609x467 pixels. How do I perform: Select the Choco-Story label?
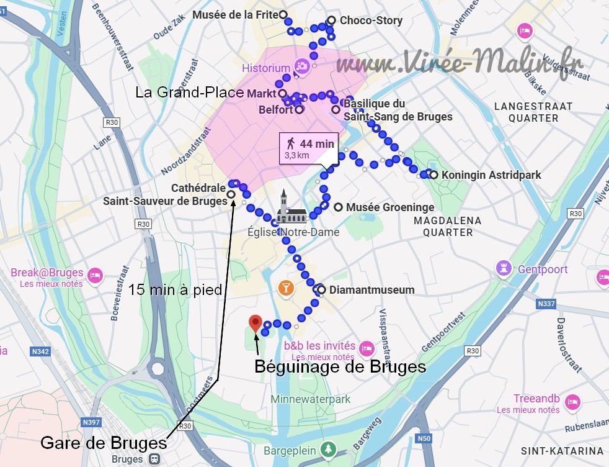(371, 20)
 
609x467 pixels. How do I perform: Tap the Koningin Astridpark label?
(491, 175)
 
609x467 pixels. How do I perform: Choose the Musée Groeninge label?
(390, 207)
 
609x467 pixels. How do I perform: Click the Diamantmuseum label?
(372, 290)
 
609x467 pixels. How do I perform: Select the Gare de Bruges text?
(104, 443)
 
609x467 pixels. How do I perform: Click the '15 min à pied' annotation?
(175, 290)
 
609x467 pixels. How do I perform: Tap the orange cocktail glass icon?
(286, 286)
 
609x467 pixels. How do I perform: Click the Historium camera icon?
(302, 66)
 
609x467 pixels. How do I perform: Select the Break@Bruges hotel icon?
(95, 274)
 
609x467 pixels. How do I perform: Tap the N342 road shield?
(39, 351)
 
